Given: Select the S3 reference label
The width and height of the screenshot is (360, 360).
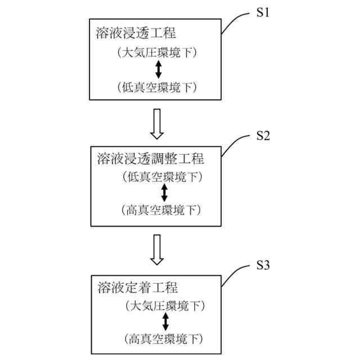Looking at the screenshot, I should pyautogui.click(x=263, y=265).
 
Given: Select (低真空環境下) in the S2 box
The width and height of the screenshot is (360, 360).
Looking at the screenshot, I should pyautogui.click(x=161, y=177).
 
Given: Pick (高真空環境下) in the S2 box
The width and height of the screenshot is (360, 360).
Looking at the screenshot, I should pyautogui.click(x=161, y=210).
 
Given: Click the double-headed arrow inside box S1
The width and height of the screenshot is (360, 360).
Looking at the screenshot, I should pyautogui.click(x=158, y=70).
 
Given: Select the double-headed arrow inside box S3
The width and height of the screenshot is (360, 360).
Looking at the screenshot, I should pyautogui.click(x=165, y=322).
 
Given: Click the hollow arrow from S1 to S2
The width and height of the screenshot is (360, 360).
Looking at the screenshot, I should pyautogui.click(x=157, y=124).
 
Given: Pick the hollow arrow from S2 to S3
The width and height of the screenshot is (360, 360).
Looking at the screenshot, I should pyautogui.click(x=157, y=249).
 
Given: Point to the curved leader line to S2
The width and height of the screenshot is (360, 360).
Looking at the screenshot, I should pyautogui.click(x=236, y=143).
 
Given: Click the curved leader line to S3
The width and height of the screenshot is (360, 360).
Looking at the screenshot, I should pyautogui.click(x=236, y=272).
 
